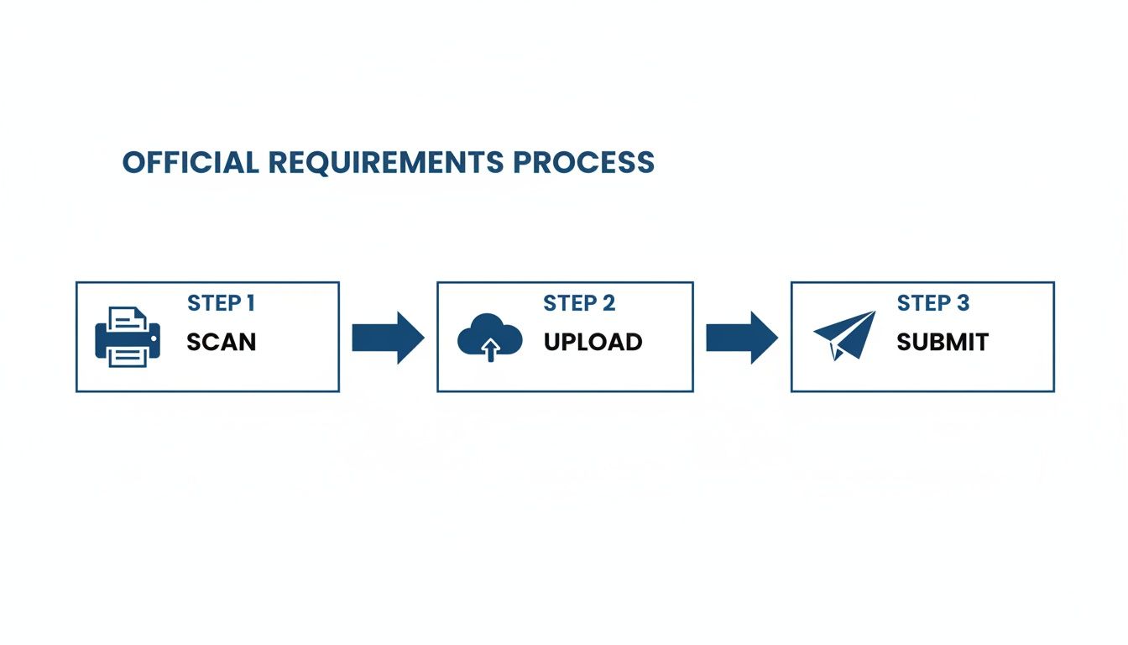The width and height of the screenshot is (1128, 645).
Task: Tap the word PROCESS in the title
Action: pos(584,162)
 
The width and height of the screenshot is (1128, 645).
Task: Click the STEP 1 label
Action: pos(221,303)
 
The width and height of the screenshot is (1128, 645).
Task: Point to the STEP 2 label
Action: pos(579,303)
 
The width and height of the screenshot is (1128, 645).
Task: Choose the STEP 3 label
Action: pos(932,303)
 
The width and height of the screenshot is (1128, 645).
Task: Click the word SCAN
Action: pos(221,343)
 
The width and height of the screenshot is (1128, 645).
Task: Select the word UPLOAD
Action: pos(593,343)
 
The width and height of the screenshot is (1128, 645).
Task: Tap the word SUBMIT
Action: pos(943,343)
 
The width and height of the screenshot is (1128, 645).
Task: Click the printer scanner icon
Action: pos(128,337)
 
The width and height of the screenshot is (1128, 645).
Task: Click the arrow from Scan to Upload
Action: pos(388,338)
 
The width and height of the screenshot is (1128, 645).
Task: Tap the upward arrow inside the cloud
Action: pos(490,349)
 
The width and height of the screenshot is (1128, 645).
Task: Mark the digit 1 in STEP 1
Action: pos(250,303)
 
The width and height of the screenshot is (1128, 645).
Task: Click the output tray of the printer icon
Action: pos(128,358)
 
